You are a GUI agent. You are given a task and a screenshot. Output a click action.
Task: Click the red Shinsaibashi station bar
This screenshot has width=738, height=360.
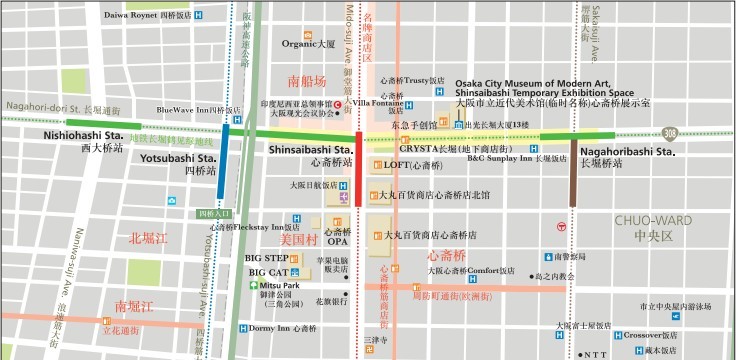click(359, 167)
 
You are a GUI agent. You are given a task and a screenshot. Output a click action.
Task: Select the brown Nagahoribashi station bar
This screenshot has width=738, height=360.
click(573, 172)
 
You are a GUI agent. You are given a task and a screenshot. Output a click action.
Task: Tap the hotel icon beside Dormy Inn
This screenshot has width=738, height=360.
click(244, 328)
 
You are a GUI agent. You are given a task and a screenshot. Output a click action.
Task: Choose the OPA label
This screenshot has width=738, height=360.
click(338, 242)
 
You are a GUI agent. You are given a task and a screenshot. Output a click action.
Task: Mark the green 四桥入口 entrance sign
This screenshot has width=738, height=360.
click(213, 213)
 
